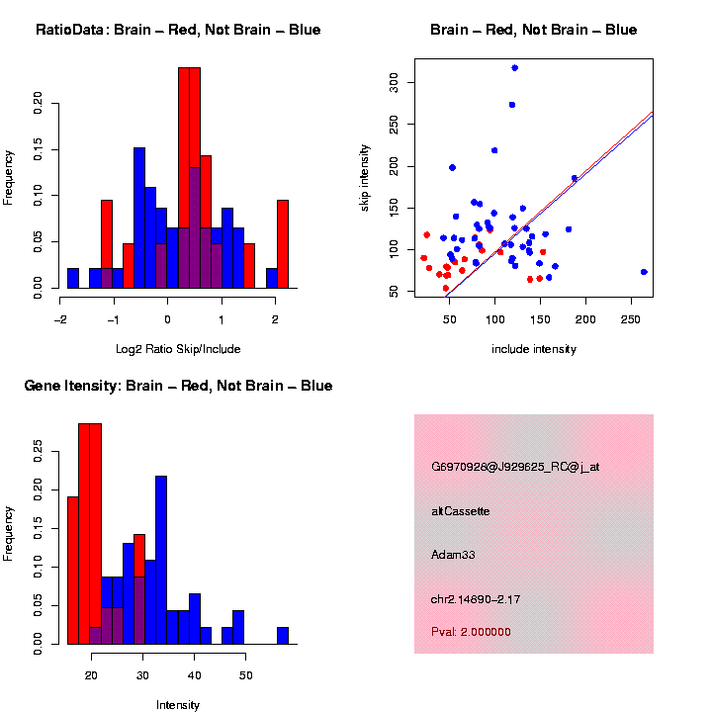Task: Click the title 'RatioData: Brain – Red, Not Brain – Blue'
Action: [x=178, y=30]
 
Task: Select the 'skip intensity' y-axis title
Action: [x=365, y=177]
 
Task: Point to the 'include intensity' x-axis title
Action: [x=534, y=349]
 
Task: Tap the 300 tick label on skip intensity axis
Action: [x=395, y=81]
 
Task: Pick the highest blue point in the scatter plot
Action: [x=515, y=68]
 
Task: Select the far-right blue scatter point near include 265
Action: [x=644, y=272]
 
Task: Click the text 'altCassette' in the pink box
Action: [x=461, y=511]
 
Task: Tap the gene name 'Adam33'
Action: [x=454, y=555]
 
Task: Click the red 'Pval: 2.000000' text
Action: [x=472, y=632]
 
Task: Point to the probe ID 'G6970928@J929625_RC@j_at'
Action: [x=515, y=467]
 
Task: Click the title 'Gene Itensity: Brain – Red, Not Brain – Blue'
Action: [x=178, y=386]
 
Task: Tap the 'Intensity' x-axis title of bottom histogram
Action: [x=178, y=705]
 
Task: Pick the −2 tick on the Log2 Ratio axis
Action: [x=60, y=319]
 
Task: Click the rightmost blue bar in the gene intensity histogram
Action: [x=283, y=635]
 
